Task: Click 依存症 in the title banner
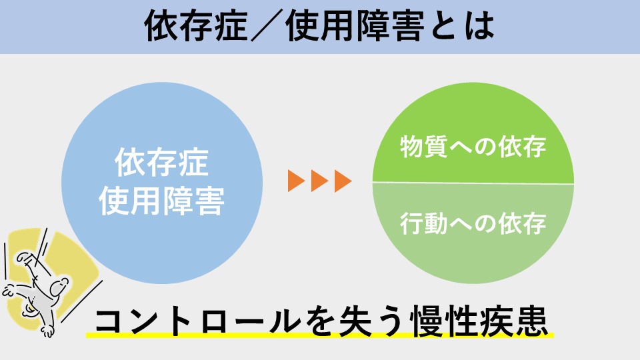point(196,26)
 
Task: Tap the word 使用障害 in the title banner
point(355,26)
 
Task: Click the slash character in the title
point(267,26)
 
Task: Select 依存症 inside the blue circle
point(162,162)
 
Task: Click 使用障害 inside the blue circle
point(161,201)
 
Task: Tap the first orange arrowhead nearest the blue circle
point(296,181)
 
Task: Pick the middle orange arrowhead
point(319,181)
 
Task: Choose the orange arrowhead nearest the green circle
point(343,181)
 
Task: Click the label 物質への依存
point(473,147)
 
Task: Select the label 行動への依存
point(473,223)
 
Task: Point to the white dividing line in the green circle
point(473,183)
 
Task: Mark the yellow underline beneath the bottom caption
point(319,335)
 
